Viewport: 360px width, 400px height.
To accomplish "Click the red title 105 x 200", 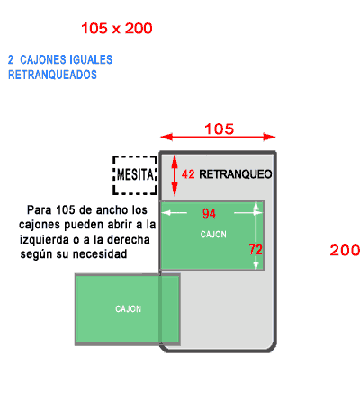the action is click(x=117, y=29).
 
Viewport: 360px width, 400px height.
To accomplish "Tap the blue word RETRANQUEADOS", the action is click(x=52, y=75).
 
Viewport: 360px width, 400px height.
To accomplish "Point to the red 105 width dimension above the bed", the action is click(x=219, y=129).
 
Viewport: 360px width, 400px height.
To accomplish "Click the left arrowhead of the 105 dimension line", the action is click(x=166, y=137).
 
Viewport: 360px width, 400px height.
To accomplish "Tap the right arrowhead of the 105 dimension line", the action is click(x=269, y=137).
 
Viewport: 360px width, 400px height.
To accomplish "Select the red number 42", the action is click(x=188, y=174).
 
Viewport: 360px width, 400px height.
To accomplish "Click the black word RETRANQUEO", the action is click(x=236, y=174).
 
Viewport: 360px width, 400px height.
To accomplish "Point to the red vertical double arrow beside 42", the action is click(x=175, y=175).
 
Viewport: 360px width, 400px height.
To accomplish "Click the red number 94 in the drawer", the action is click(x=209, y=214).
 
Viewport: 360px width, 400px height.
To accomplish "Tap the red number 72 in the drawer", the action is click(x=256, y=249).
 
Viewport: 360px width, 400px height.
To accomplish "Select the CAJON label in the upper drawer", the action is click(x=213, y=235).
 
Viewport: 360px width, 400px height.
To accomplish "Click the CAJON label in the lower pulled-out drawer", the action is click(x=129, y=309).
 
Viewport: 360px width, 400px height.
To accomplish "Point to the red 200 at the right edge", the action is click(x=345, y=250).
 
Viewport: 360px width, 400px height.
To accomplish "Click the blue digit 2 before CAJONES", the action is click(x=11, y=59).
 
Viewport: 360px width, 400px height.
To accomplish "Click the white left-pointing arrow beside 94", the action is click(x=174, y=213).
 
